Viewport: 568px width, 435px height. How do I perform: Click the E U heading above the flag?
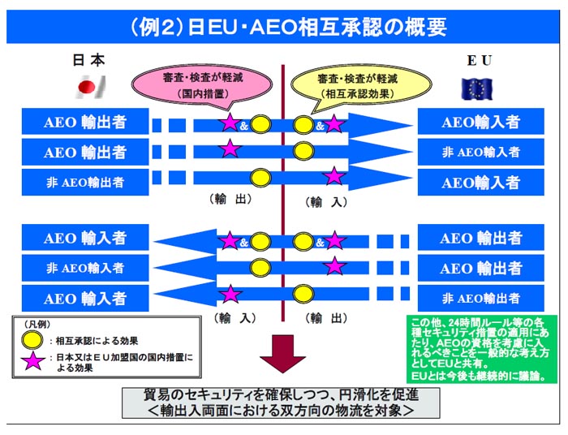click(479, 61)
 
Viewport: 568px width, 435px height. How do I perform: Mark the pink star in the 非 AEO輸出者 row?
click(334, 177)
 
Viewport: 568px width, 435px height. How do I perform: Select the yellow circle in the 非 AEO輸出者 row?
click(260, 177)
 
